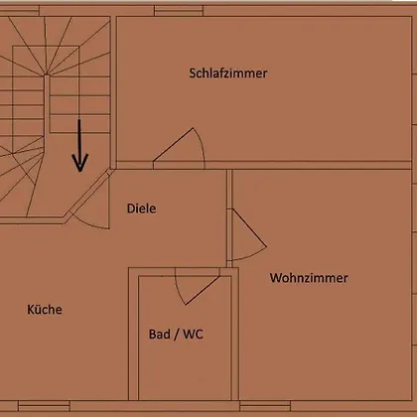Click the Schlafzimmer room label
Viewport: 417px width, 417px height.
(x=228, y=73)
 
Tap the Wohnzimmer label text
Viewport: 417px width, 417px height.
(x=309, y=278)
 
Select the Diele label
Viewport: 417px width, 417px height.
(x=141, y=208)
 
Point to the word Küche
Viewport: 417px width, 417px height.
(x=45, y=310)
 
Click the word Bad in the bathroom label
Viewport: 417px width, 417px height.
(x=160, y=334)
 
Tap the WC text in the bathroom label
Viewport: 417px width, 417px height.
(x=193, y=334)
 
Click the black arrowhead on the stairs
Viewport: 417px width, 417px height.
(x=79, y=162)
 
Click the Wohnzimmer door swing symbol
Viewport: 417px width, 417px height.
(x=249, y=234)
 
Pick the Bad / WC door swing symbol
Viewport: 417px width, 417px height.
(x=198, y=286)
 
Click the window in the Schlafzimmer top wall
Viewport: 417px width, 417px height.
(x=179, y=11)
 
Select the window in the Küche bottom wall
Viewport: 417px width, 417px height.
(x=44, y=406)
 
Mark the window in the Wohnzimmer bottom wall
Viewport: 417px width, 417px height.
(x=265, y=406)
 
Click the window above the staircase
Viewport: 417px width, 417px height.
(x=20, y=11)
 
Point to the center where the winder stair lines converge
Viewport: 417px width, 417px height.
(x=47, y=74)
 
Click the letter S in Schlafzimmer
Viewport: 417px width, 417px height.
(x=193, y=73)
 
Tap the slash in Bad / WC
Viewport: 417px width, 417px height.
(x=177, y=335)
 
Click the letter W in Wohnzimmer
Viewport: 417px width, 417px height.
(x=275, y=278)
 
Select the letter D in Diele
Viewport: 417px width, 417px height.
(x=131, y=208)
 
